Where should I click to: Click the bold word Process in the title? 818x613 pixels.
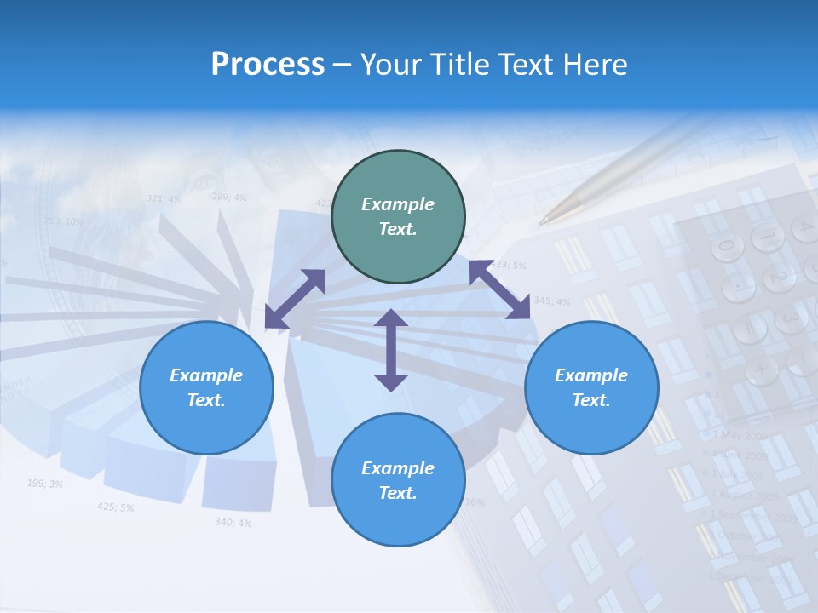coord(268,65)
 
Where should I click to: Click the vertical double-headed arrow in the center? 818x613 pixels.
coord(391,350)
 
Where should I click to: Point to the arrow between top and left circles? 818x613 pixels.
coord(295,299)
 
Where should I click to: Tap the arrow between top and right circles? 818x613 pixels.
coord(500,290)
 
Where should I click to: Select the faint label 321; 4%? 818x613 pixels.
coord(164,198)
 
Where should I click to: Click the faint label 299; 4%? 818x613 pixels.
coord(228,197)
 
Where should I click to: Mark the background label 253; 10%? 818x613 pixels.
coord(63,221)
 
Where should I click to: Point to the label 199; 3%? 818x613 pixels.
coord(44,484)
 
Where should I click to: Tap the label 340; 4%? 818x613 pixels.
coord(233,522)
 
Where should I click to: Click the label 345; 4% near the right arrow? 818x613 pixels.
coord(551,301)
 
